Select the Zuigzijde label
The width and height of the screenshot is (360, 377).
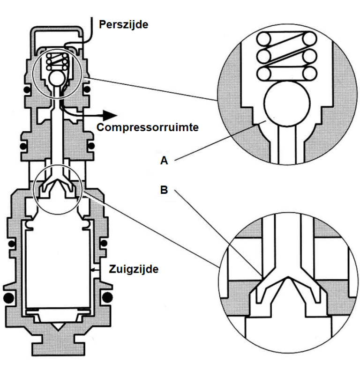point(134,269)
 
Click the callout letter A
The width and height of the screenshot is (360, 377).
point(164,161)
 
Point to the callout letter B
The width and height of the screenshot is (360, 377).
point(164,191)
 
